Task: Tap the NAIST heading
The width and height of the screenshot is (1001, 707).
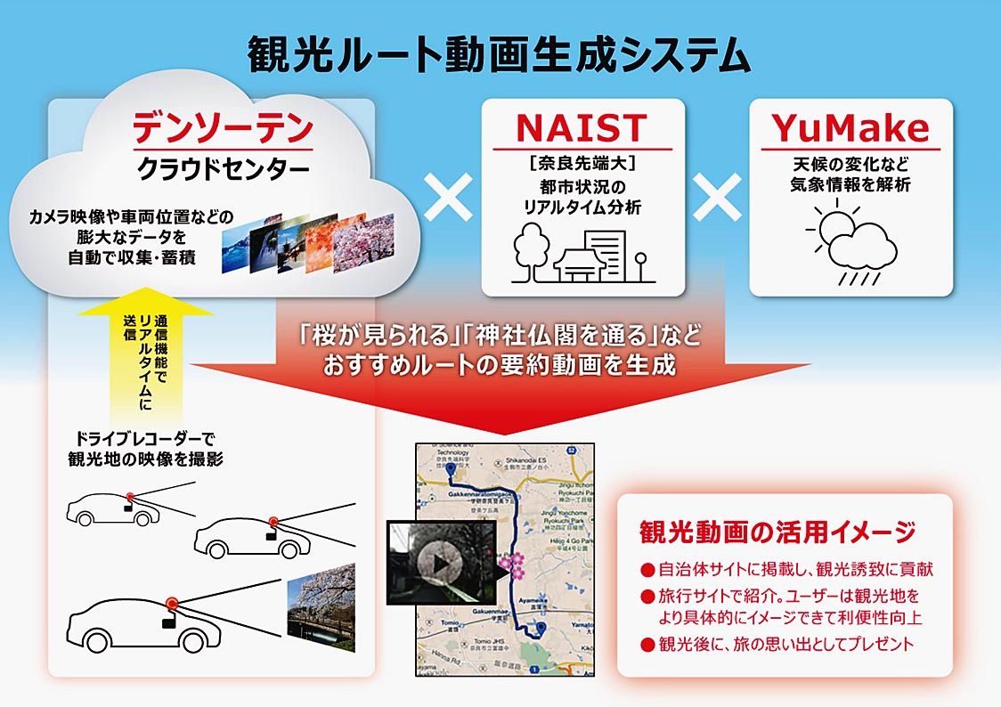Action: tap(582, 128)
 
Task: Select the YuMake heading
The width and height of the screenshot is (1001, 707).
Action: tap(850, 128)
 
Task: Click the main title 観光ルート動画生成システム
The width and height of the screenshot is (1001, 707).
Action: tap(500, 55)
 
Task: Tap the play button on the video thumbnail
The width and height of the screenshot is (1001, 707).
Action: tap(440, 563)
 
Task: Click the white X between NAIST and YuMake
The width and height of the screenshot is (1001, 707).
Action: tap(717, 198)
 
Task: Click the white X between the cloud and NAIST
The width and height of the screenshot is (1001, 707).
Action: tap(449, 198)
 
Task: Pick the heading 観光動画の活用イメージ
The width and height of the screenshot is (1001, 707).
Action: tap(777, 532)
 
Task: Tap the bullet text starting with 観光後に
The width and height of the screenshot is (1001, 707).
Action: tap(784, 644)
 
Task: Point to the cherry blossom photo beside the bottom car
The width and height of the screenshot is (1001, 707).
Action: tap(321, 606)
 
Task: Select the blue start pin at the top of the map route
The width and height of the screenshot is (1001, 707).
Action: tap(451, 467)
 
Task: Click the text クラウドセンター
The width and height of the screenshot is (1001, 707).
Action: tap(223, 169)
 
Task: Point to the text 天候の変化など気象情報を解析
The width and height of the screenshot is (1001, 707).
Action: tap(850, 175)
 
